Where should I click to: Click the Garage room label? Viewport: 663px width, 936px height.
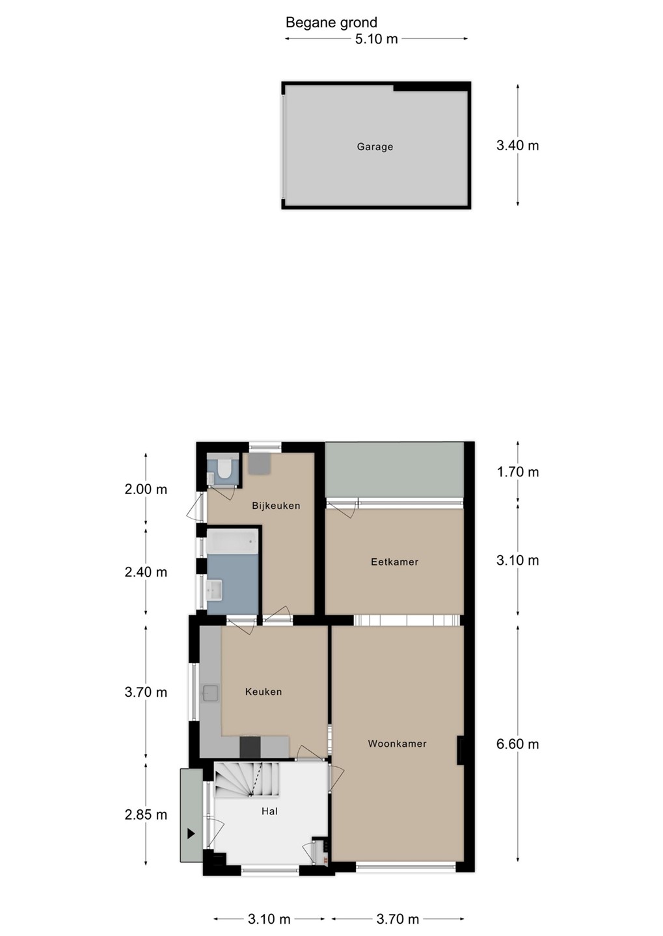point(375,147)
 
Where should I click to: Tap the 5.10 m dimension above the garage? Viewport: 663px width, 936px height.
point(376,39)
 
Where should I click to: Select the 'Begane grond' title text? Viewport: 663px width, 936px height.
point(331,23)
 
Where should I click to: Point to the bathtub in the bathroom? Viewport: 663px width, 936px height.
point(232,541)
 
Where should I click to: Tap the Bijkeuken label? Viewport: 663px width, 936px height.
point(276,506)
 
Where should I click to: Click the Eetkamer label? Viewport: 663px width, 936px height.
point(394,562)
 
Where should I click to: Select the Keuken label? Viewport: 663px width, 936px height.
point(264,692)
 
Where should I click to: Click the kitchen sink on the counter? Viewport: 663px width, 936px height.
point(210,693)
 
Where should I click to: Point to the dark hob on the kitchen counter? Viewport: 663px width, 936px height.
point(250,747)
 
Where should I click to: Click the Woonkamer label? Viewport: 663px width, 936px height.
point(398,744)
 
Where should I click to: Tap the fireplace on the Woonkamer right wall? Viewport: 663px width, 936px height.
point(461,750)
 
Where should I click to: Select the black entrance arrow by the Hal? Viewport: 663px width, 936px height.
point(191,834)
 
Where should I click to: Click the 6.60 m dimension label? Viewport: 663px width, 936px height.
point(517,744)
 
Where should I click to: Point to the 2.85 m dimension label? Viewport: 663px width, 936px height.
point(146,814)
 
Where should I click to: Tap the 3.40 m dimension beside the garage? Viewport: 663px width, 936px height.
point(517,146)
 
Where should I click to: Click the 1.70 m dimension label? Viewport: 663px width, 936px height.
point(517,472)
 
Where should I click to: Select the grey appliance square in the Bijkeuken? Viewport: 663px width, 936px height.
point(260,463)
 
